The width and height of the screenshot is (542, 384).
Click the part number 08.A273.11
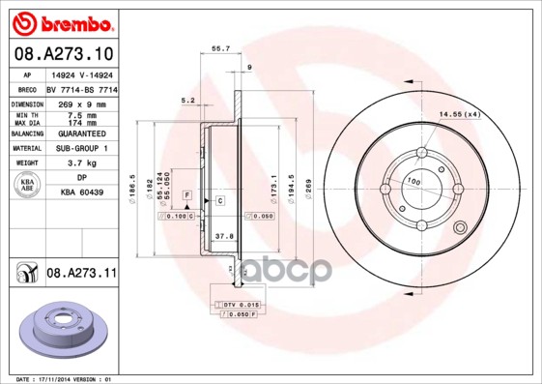pyautogui.click(x=81, y=275)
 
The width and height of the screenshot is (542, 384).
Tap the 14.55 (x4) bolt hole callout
pyautogui.click(x=460, y=115)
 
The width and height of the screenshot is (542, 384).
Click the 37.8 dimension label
pyautogui.click(x=223, y=235)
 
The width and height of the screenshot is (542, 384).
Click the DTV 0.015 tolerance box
pyautogui.click(x=237, y=305)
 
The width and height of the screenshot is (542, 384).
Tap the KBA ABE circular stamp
pyautogui.click(x=29, y=185)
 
